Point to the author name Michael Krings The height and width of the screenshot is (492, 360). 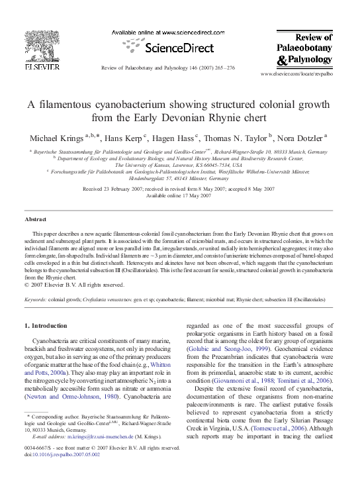[56, 138]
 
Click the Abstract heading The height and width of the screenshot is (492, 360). [35, 218]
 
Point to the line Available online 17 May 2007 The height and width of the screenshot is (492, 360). [179, 196]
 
